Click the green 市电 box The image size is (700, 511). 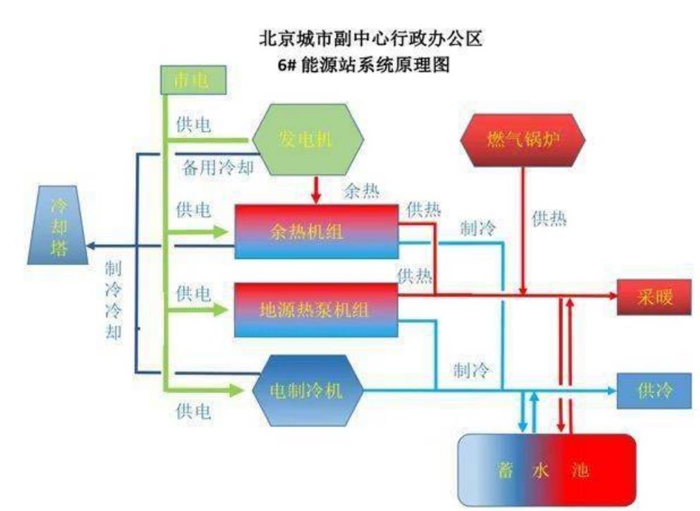[193, 80]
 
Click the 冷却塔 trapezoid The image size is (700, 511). [58, 225]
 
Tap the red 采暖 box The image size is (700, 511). [651, 297]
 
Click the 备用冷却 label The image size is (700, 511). [218, 168]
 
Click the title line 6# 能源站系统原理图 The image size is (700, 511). [363, 66]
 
